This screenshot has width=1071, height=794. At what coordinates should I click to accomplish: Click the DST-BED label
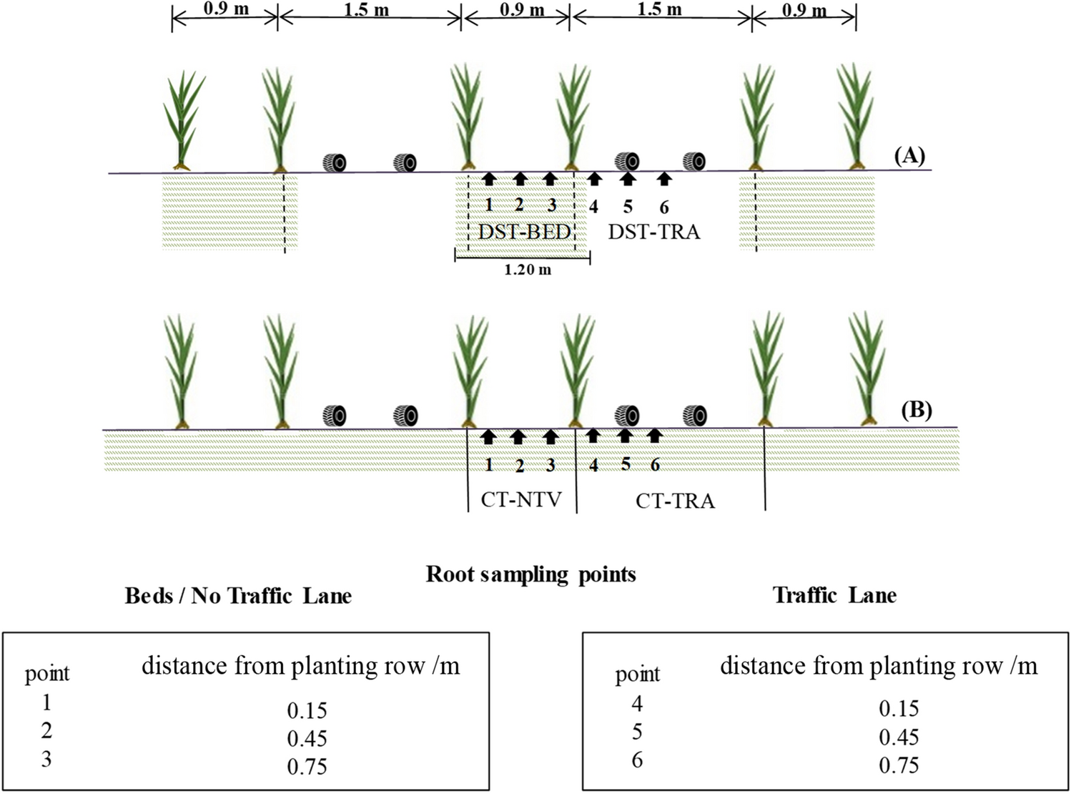(x=524, y=232)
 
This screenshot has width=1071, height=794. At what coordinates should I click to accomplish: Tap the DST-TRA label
(x=653, y=232)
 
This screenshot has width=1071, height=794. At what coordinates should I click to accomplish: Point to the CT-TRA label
(x=675, y=501)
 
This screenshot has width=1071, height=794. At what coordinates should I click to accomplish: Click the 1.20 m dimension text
(x=528, y=270)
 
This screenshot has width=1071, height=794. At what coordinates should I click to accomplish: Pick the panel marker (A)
(x=909, y=155)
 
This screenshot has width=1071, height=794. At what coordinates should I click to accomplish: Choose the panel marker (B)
(x=917, y=411)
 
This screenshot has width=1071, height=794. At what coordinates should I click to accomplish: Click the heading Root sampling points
(x=530, y=574)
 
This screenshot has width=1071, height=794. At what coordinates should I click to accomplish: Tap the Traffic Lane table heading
(x=834, y=595)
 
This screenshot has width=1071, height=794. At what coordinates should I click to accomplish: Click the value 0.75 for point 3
(x=307, y=767)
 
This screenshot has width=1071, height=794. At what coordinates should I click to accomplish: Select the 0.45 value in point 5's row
(x=899, y=737)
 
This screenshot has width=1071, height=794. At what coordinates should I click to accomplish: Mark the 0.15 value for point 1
(x=307, y=710)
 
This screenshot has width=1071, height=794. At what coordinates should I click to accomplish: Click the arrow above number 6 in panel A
(x=664, y=179)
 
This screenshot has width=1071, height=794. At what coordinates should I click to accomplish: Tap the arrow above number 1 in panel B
(x=488, y=436)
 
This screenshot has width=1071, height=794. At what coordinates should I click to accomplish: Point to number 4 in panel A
(x=593, y=207)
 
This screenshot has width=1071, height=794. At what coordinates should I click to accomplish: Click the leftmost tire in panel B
(x=335, y=415)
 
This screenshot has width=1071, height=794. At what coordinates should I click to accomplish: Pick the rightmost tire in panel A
(x=694, y=161)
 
